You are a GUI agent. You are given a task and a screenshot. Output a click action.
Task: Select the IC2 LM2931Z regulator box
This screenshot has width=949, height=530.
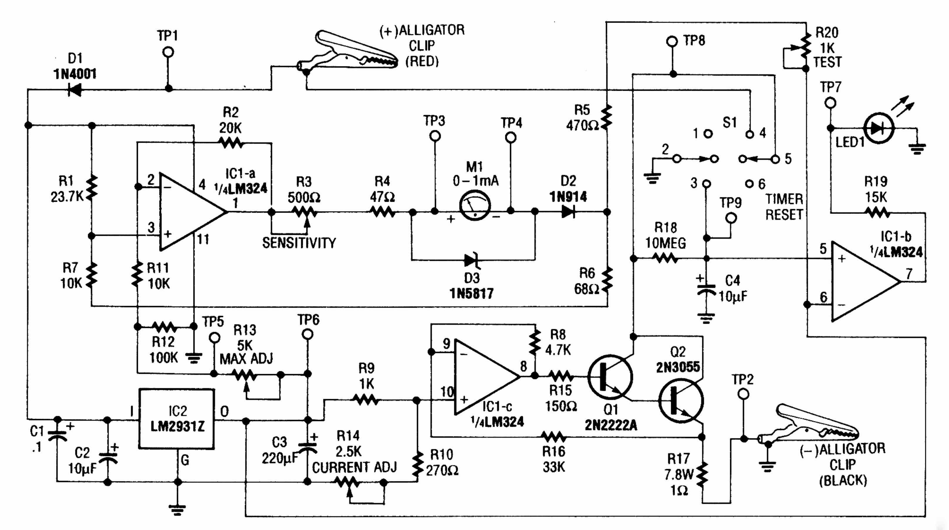pos(176,419)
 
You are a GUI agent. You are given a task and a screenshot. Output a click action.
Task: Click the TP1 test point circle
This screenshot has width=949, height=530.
pos(168,52)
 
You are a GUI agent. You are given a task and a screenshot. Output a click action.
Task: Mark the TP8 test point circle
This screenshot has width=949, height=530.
pos(672,41)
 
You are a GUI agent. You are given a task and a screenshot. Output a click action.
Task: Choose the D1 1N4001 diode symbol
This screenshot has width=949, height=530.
pos(75,89)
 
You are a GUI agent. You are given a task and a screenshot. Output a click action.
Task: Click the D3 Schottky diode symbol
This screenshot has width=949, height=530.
pos(472,260)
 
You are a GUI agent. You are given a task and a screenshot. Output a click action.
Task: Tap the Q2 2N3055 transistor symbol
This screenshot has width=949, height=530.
pos(681,401)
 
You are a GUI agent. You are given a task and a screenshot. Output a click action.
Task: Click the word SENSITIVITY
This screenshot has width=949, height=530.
pos(299,243)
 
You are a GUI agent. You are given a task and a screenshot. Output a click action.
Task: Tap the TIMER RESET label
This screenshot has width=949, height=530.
pos(784,207)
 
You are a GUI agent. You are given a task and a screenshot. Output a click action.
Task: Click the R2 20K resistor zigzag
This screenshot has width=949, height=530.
pos(231,143)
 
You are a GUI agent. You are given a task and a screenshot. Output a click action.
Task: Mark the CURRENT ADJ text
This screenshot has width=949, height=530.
pos(354,467)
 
